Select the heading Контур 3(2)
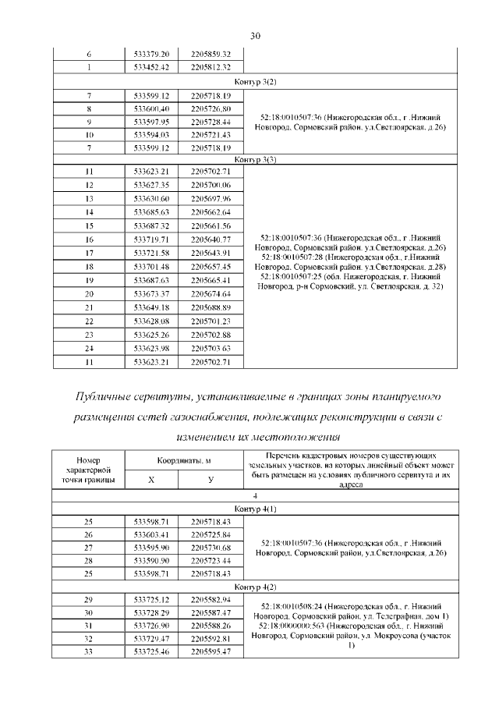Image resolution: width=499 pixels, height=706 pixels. (x=255, y=81)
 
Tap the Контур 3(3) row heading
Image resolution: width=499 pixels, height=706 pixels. (x=255, y=158)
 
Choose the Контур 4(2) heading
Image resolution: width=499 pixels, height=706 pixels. (x=255, y=585)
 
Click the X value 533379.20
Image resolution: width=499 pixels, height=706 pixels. (x=151, y=54)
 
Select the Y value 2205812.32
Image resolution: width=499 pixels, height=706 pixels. (x=211, y=67)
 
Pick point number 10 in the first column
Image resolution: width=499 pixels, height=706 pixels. (x=89, y=134)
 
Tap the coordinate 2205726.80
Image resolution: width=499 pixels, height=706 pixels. (x=211, y=107)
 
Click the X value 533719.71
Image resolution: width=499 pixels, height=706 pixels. (x=151, y=239)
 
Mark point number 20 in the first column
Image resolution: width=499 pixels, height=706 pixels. (x=89, y=293)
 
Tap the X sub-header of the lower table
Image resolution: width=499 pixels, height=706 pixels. (x=151, y=480)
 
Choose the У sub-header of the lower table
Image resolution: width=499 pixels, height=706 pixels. (x=211, y=480)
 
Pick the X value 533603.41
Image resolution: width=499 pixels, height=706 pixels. (x=151, y=534)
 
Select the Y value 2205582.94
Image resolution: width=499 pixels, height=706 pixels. (x=211, y=598)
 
